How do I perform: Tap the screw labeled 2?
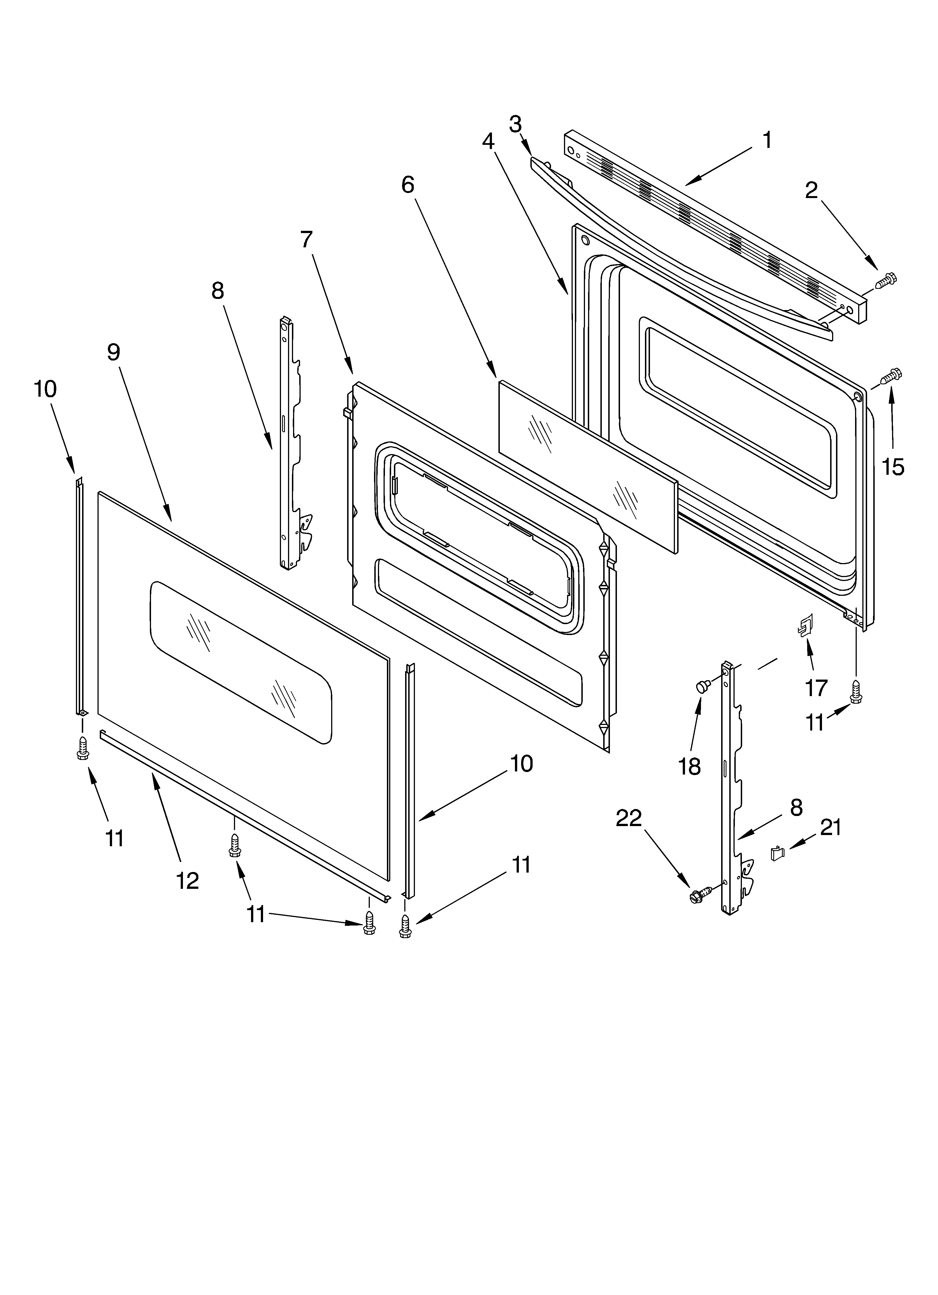point(885,280)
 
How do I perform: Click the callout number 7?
point(307,240)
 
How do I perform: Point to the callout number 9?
point(114,352)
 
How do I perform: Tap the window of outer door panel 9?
point(240,662)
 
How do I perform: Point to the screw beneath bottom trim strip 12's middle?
point(234,845)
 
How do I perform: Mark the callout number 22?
point(629,818)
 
